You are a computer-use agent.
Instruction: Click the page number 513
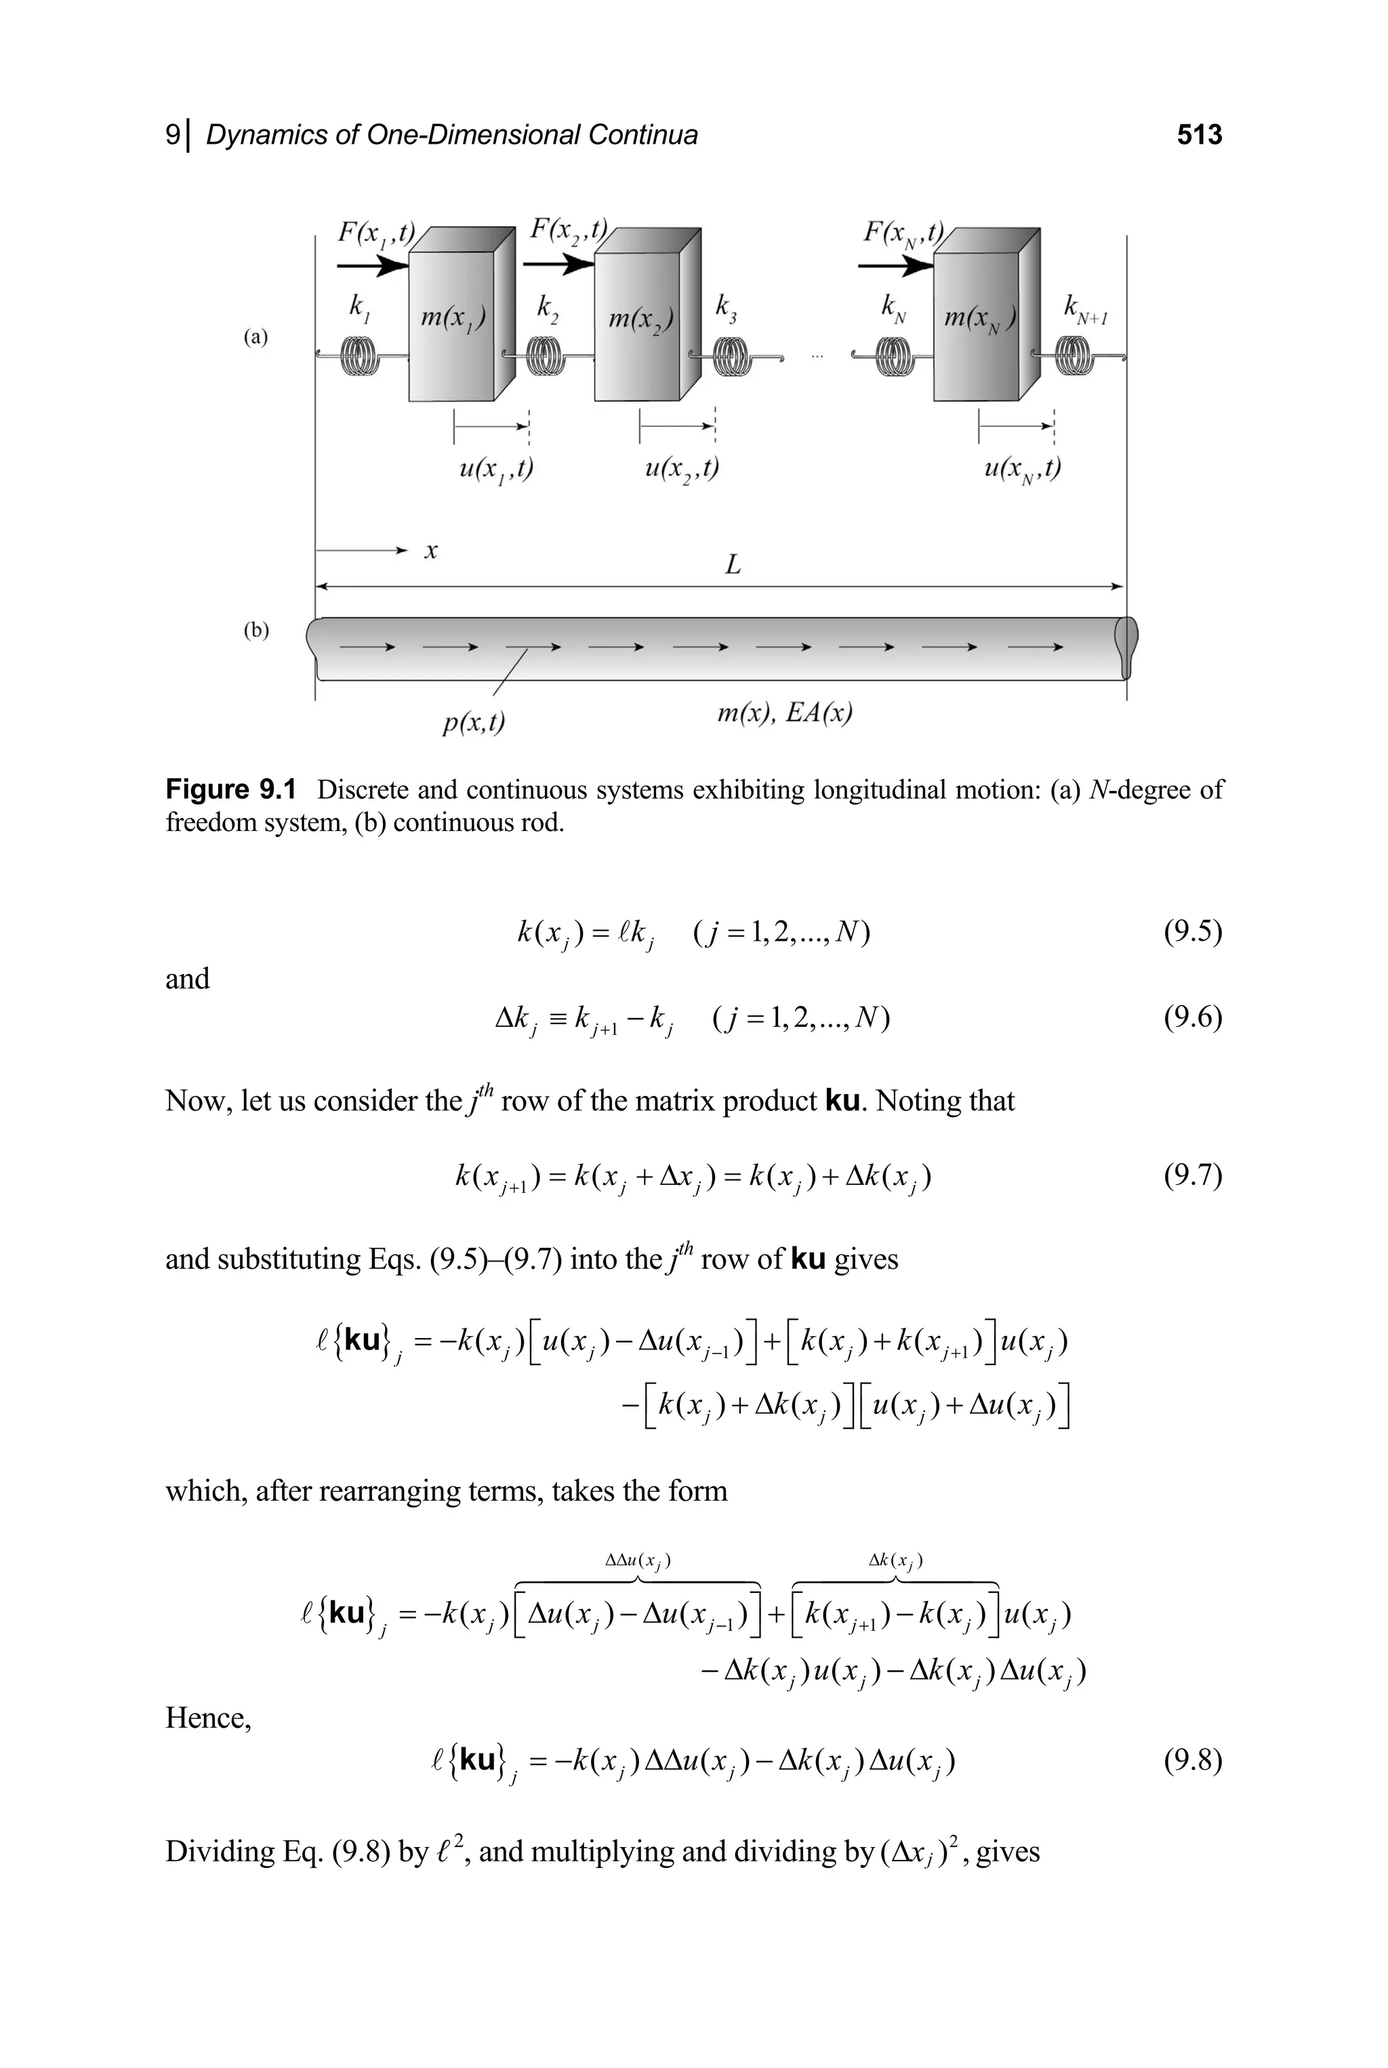[1200, 135]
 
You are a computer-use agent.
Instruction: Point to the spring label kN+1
[1084, 310]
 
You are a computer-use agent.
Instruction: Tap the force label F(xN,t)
[903, 232]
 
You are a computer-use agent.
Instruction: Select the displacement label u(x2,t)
[680, 468]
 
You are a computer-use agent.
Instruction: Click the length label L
[732, 564]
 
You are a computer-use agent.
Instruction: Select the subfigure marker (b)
[255, 630]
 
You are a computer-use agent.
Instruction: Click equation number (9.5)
[1192, 931]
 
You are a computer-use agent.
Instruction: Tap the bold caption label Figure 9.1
[231, 789]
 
